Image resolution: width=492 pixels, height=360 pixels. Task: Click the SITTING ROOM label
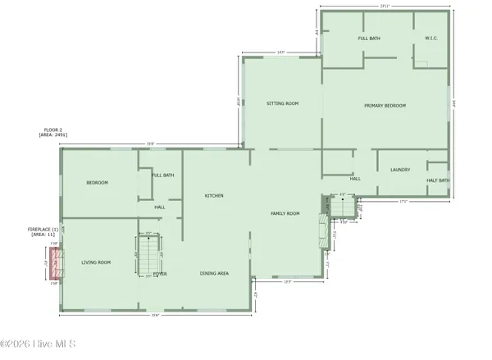[x=282, y=104]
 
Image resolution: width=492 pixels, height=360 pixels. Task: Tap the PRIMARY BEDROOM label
[x=385, y=106]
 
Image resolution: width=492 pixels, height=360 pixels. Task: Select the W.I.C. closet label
[x=432, y=39]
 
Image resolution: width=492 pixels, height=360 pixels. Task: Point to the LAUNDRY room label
[x=400, y=170]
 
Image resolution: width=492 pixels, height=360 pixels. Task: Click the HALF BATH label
[x=438, y=180]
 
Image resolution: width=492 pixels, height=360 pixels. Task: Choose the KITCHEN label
[x=214, y=195]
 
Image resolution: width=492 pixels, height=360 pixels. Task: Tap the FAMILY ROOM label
[x=285, y=213]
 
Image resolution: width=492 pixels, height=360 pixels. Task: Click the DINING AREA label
[x=214, y=273]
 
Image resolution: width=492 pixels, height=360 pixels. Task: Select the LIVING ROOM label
[x=96, y=262]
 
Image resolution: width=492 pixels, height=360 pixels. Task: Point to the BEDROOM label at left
[x=98, y=182]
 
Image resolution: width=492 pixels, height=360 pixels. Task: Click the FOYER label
[x=159, y=273]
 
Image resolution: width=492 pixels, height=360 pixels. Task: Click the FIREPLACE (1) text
[x=43, y=229]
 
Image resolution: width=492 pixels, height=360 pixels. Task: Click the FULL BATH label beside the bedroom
[x=162, y=175]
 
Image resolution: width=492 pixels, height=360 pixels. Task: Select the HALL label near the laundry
[x=356, y=178]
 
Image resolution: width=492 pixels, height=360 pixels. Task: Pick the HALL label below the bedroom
[x=160, y=207]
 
